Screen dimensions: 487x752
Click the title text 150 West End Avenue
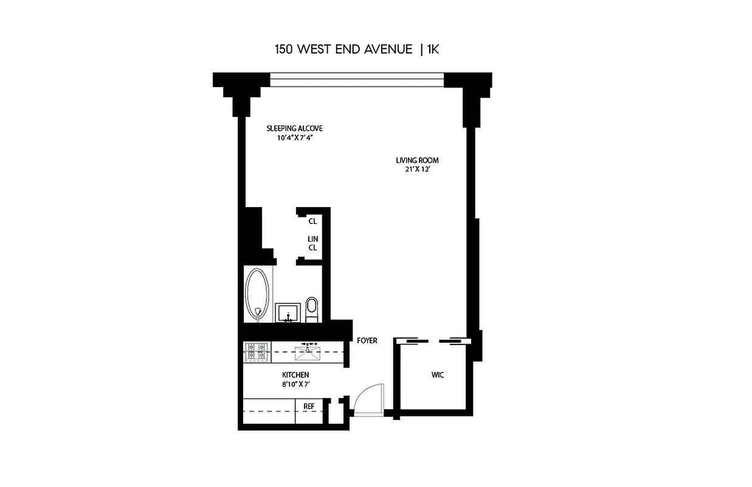[343, 49]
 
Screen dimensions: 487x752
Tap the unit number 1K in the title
[432, 49]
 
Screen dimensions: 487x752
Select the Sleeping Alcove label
[294, 128]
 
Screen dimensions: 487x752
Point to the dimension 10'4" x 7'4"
[294, 138]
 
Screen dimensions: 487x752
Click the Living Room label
[417, 161]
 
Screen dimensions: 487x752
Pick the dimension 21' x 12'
[417, 170]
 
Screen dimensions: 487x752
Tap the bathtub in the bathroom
[257, 295]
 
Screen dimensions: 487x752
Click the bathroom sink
[288, 312]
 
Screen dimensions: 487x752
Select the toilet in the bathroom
[312, 308]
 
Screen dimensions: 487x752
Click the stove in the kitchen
[257, 352]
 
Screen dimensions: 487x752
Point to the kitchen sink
[308, 352]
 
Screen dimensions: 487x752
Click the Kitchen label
[295, 375]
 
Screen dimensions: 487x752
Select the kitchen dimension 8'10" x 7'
[295, 385]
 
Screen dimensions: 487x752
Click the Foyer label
[367, 340]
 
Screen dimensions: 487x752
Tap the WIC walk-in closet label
[438, 375]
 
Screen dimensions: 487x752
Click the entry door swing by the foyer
[370, 399]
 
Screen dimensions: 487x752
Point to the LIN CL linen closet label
[313, 243]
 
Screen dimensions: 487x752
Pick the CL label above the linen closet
[312, 222]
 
